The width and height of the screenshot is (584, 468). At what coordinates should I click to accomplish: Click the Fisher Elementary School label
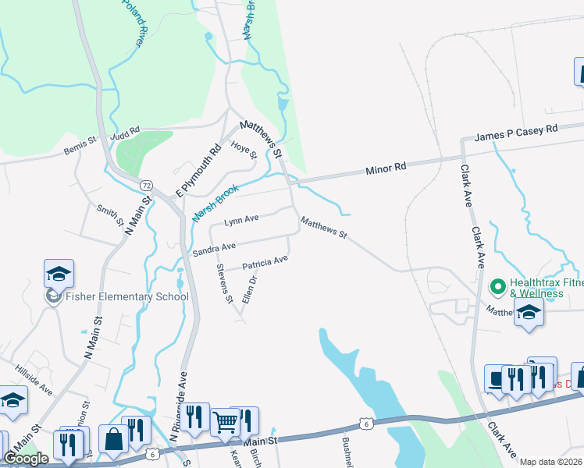pos(127,296)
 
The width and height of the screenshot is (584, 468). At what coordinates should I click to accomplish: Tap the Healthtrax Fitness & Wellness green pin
pos(497,287)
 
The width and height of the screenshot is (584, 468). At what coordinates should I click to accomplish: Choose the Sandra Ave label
pos(214,248)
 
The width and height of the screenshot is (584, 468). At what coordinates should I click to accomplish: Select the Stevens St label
pos(224,283)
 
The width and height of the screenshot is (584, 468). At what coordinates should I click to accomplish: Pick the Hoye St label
pos(244,148)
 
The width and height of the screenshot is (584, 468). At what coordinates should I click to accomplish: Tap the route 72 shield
pos(146,185)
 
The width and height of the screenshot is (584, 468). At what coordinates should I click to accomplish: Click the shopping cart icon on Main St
pos(225,422)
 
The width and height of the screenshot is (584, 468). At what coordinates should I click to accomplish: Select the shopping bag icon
pos(113,439)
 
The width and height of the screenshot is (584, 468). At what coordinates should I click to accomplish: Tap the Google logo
pos(27,459)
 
